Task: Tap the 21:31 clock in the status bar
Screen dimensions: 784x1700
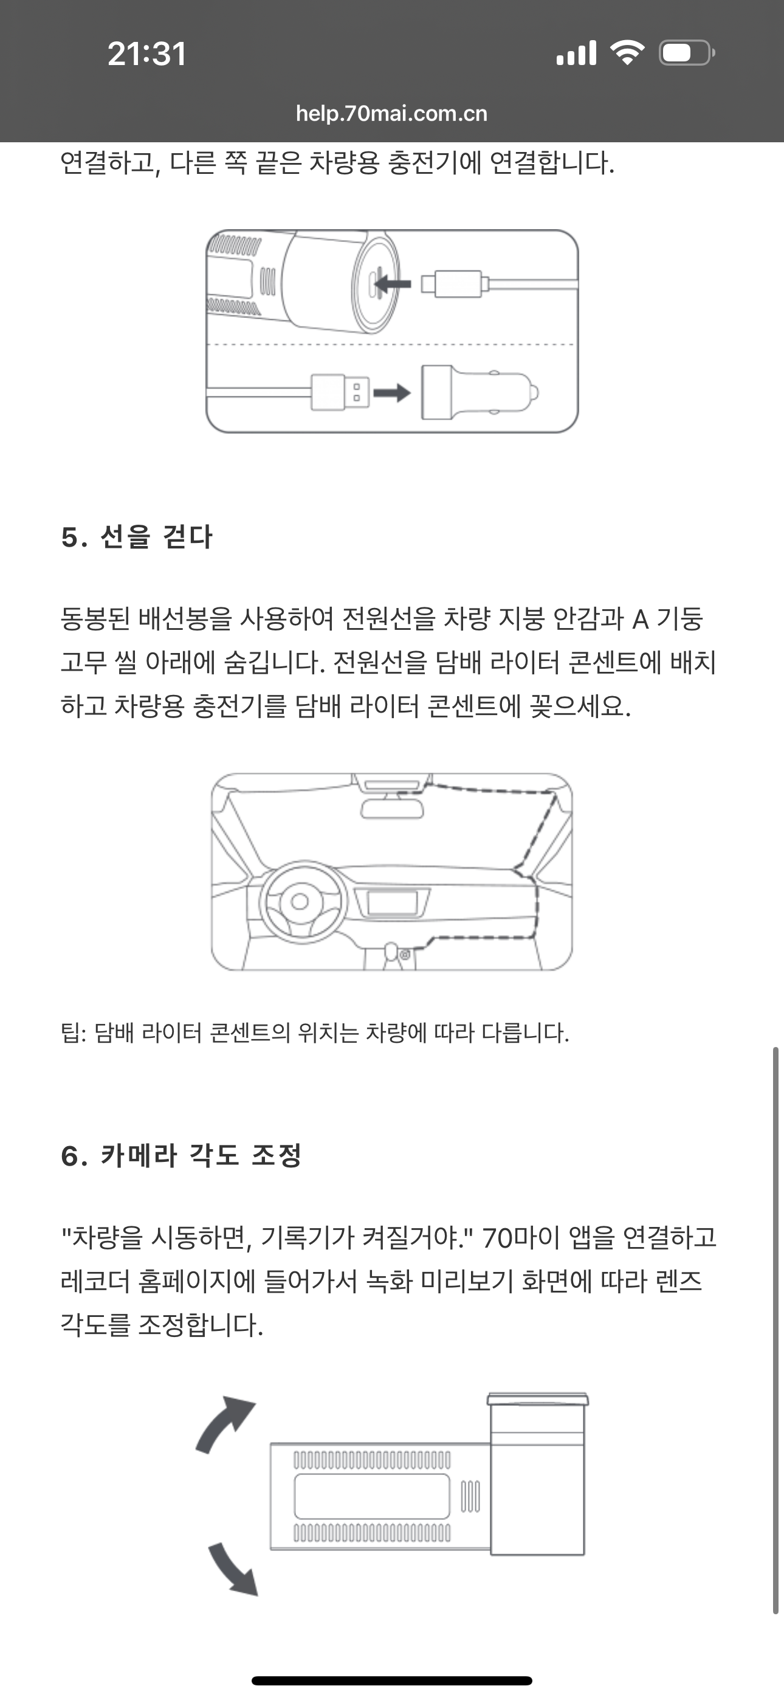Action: (x=146, y=54)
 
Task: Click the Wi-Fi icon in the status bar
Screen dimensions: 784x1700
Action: (x=627, y=53)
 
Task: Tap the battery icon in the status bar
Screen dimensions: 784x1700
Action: (x=686, y=53)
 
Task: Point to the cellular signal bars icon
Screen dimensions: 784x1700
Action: (x=576, y=53)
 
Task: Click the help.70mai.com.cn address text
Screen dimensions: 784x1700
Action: (x=391, y=114)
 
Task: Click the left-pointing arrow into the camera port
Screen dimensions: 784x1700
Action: (x=393, y=285)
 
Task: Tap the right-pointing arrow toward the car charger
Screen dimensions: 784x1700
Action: (x=392, y=393)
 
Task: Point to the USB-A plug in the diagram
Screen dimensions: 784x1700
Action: (x=340, y=392)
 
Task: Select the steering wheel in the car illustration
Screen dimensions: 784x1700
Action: (x=303, y=901)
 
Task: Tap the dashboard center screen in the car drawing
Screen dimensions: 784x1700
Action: (x=392, y=903)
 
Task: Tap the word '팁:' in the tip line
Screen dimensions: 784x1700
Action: (x=74, y=1032)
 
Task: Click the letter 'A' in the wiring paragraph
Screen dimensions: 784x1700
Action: (x=640, y=620)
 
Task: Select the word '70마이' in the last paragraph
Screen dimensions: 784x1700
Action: (x=525, y=1237)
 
